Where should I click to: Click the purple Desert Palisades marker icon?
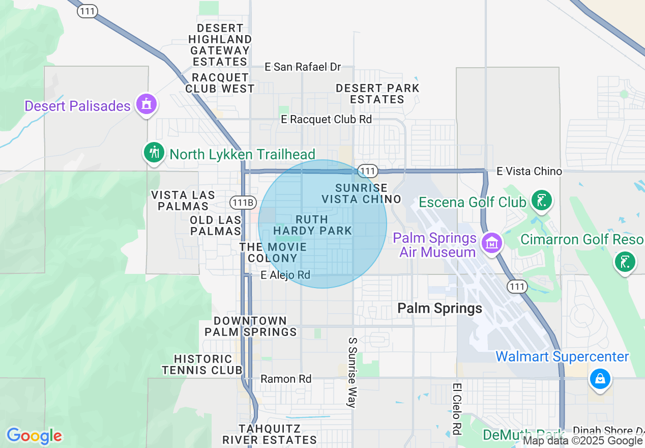pos(146,105)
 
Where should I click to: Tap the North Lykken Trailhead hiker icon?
pos(154,152)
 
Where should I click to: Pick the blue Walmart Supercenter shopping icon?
pos(600,379)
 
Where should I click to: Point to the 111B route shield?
pos(242,203)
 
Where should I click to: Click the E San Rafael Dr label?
pos(303,67)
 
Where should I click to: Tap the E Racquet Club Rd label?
pos(327,119)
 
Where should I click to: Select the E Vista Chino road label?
pos(529,172)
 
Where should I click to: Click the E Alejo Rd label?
pos(285,275)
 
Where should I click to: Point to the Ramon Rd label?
pos(286,379)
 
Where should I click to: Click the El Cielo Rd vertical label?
pos(457,409)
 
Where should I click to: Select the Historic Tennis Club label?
pos(202,365)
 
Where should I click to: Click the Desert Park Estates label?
pos(377,94)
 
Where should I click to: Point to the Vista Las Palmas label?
pos(183,201)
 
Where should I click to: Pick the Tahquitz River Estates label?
pos(269,434)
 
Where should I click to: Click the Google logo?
pos(34,436)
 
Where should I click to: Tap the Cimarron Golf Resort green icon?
pos(625,262)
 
